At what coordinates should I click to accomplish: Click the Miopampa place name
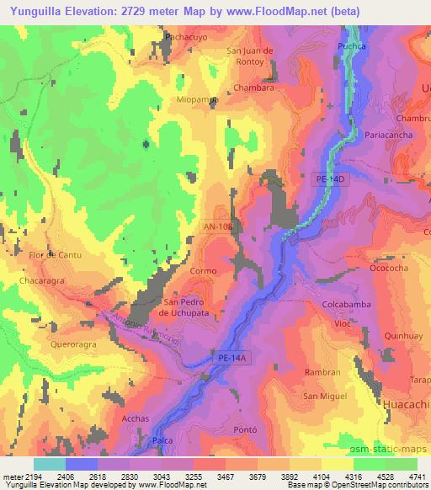click(199, 99)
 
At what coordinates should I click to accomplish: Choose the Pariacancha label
click(389, 133)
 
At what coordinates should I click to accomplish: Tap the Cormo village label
click(204, 271)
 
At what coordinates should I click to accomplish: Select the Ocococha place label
click(390, 269)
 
